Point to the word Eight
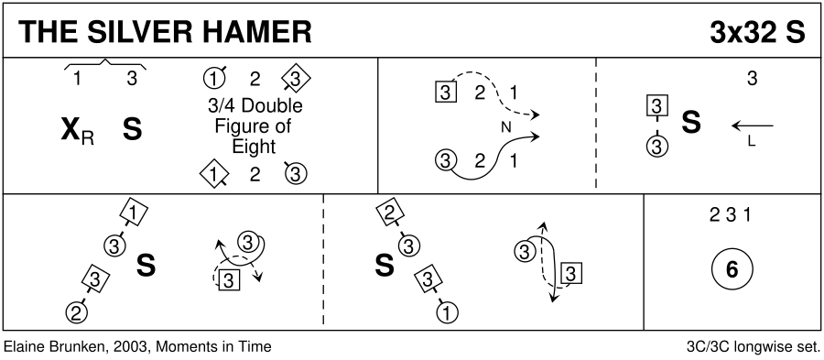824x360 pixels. click(255, 146)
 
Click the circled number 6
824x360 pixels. click(732, 269)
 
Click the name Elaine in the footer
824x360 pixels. click(20, 347)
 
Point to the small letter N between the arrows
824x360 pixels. click(506, 126)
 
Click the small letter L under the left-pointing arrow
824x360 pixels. click(752, 141)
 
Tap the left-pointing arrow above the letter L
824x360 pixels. click(753, 126)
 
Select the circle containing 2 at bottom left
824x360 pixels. click(76, 312)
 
